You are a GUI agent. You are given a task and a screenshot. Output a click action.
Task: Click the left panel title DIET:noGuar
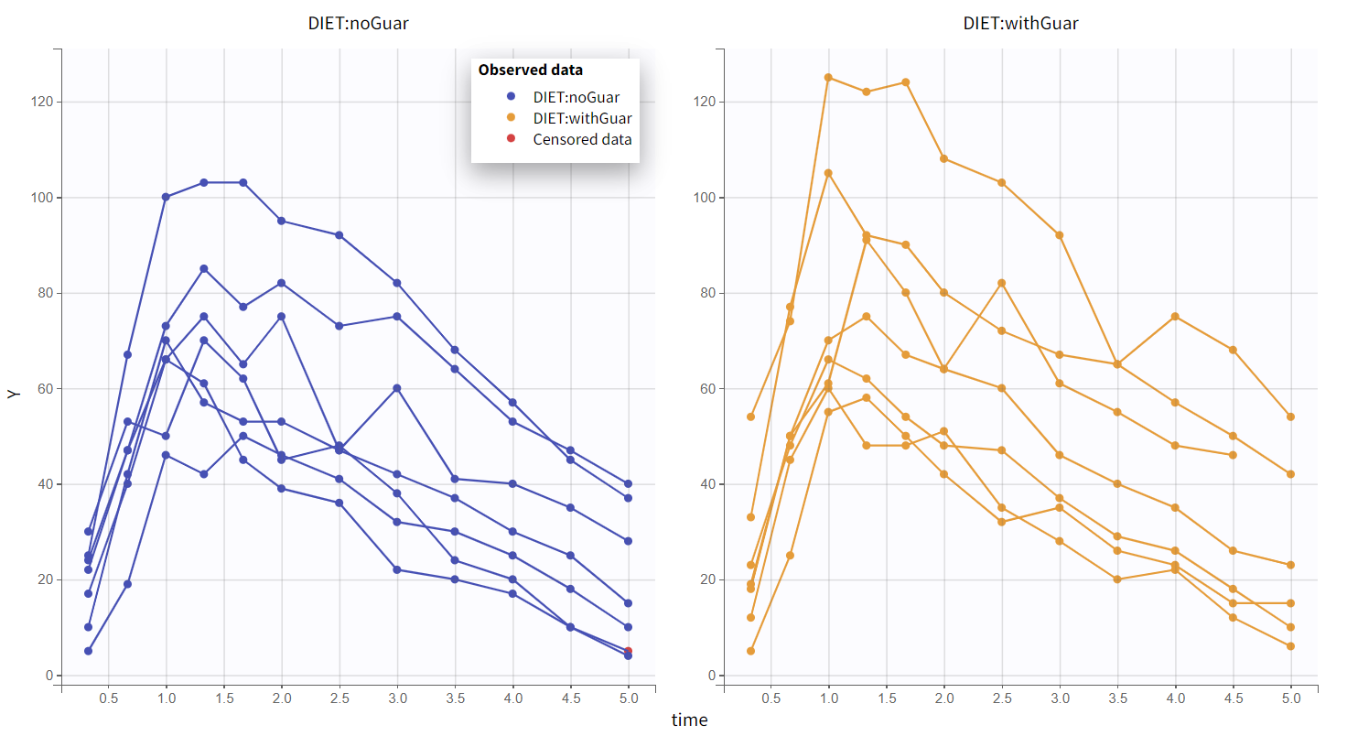(x=358, y=24)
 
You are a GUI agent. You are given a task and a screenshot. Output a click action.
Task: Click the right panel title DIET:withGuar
(x=1020, y=24)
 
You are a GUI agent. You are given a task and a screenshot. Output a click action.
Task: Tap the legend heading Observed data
(x=530, y=70)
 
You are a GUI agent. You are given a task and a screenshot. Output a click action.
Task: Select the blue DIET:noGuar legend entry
(x=576, y=97)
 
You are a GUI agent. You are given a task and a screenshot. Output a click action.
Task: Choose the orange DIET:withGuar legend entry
(x=582, y=118)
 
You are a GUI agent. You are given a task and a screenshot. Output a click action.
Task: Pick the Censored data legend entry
(x=582, y=139)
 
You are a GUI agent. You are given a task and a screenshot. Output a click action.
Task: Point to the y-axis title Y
(x=13, y=393)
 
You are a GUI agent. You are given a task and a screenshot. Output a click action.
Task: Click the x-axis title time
(x=689, y=720)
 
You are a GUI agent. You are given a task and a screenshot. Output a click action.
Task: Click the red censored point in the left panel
(x=629, y=652)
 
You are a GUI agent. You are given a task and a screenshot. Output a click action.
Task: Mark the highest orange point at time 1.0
(x=828, y=78)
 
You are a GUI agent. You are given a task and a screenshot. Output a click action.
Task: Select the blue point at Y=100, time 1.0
(x=166, y=198)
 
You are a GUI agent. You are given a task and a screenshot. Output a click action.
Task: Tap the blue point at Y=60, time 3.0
(x=397, y=388)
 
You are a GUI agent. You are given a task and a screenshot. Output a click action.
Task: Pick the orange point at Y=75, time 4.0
(x=1175, y=317)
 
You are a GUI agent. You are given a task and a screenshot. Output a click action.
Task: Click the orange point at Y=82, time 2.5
(x=1001, y=284)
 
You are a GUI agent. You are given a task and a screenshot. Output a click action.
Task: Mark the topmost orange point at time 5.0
(x=1290, y=417)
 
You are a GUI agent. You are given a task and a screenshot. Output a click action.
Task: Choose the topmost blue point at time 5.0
(x=629, y=483)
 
